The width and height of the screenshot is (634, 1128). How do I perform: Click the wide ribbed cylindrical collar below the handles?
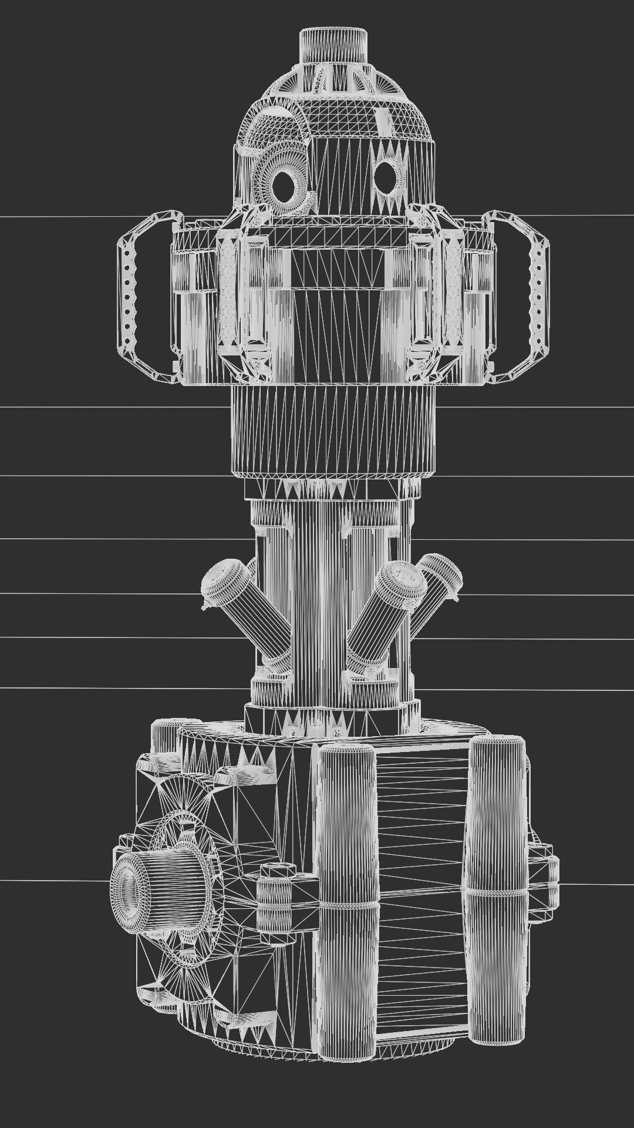pos(333,429)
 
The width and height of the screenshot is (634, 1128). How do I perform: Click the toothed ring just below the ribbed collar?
pos(333,487)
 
